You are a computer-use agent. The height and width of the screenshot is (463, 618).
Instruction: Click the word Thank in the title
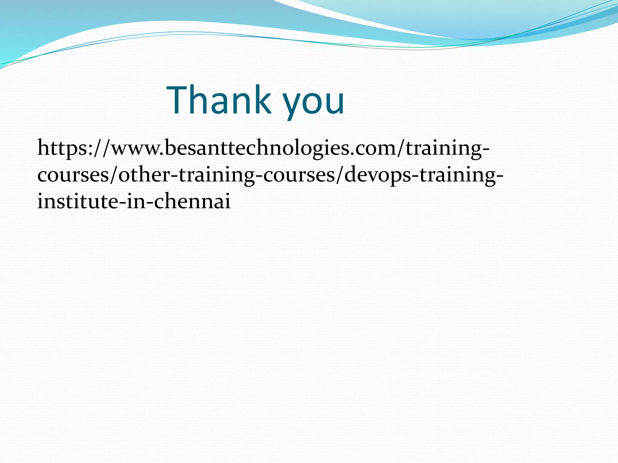pos(219,100)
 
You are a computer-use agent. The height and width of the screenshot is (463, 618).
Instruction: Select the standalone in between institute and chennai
pos(135,201)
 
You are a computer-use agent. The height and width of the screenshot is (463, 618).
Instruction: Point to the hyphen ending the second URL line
pos(499,176)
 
